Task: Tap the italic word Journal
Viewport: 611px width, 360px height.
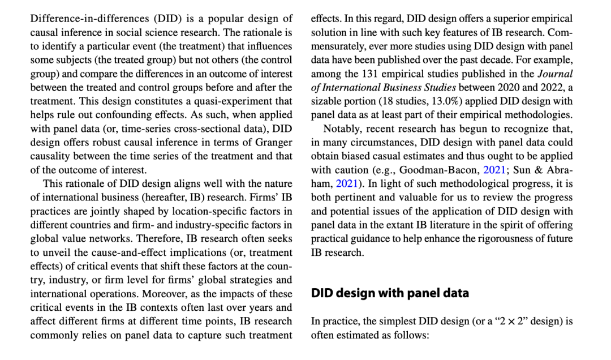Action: click(554, 74)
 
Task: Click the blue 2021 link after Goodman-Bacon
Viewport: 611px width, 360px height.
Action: click(494, 170)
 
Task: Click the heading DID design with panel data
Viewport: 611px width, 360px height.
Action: click(390, 293)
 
